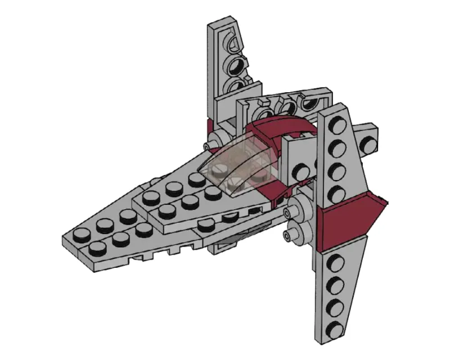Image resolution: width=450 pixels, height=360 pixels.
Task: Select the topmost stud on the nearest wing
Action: pos(338,125)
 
